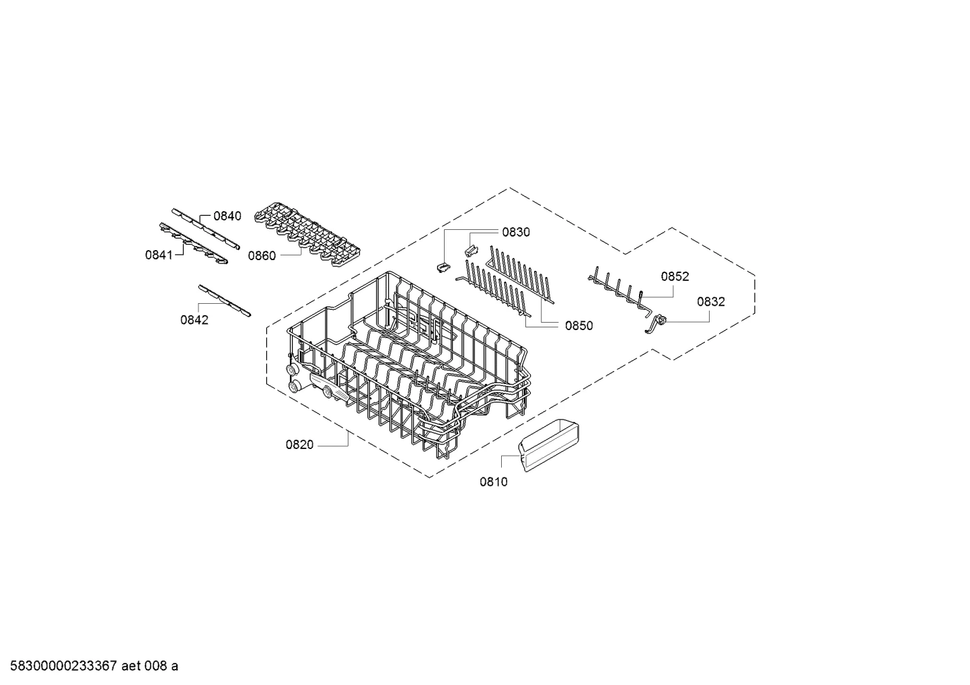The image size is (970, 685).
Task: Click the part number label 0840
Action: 227,216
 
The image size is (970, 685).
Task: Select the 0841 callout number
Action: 159,255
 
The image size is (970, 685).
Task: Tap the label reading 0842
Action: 194,320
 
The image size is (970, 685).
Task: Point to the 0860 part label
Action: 262,256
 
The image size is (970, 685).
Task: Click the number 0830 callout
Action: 516,233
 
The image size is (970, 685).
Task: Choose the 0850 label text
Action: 579,326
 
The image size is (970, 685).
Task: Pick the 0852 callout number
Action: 675,276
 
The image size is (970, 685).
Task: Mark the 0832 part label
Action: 711,302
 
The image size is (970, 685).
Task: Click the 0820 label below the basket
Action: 299,445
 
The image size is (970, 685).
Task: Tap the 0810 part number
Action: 494,482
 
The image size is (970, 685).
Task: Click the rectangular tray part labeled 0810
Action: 549,445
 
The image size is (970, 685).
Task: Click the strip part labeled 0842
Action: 224,300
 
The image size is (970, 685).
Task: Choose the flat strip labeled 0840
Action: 206,229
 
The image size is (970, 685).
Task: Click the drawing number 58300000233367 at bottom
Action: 64,666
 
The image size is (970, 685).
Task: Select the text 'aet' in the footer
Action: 131,666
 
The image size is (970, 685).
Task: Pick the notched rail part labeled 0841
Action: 194,243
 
